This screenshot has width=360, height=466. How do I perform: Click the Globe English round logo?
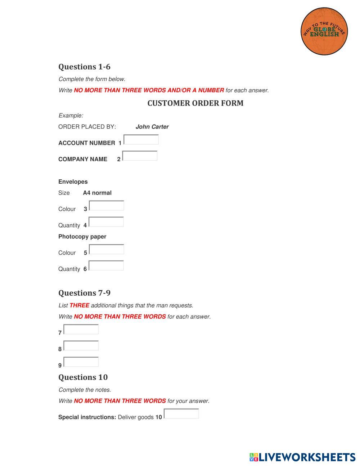(324, 31)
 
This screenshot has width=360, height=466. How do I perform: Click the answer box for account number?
(141, 140)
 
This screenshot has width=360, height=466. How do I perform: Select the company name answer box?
(140, 156)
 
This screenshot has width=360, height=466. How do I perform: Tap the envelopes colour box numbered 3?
(107, 206)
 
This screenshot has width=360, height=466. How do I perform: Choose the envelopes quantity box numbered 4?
(106, 222)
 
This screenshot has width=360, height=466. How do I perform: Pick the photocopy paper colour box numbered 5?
(107, 249)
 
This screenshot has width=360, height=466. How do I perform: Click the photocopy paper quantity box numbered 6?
(106, 265)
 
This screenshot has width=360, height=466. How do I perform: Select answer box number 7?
(81, 329)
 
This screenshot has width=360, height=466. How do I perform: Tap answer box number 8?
(81, 346)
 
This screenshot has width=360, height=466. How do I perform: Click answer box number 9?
(81, 362)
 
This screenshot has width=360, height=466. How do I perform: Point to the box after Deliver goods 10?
(181, 414)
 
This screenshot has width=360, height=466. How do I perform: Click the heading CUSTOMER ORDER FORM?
(195, 103)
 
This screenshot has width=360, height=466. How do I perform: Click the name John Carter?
(152, 127)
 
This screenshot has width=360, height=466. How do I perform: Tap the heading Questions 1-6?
(84, 67)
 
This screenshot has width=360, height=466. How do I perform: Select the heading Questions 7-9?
(84, 293)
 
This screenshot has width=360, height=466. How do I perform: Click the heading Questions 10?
(83, 377)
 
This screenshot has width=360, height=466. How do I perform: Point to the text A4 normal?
(97, 193)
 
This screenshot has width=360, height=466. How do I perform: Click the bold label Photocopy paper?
(82, 237)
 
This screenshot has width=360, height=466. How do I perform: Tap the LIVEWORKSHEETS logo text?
(307, 457)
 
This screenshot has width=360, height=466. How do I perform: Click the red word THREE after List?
(79, 305)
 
